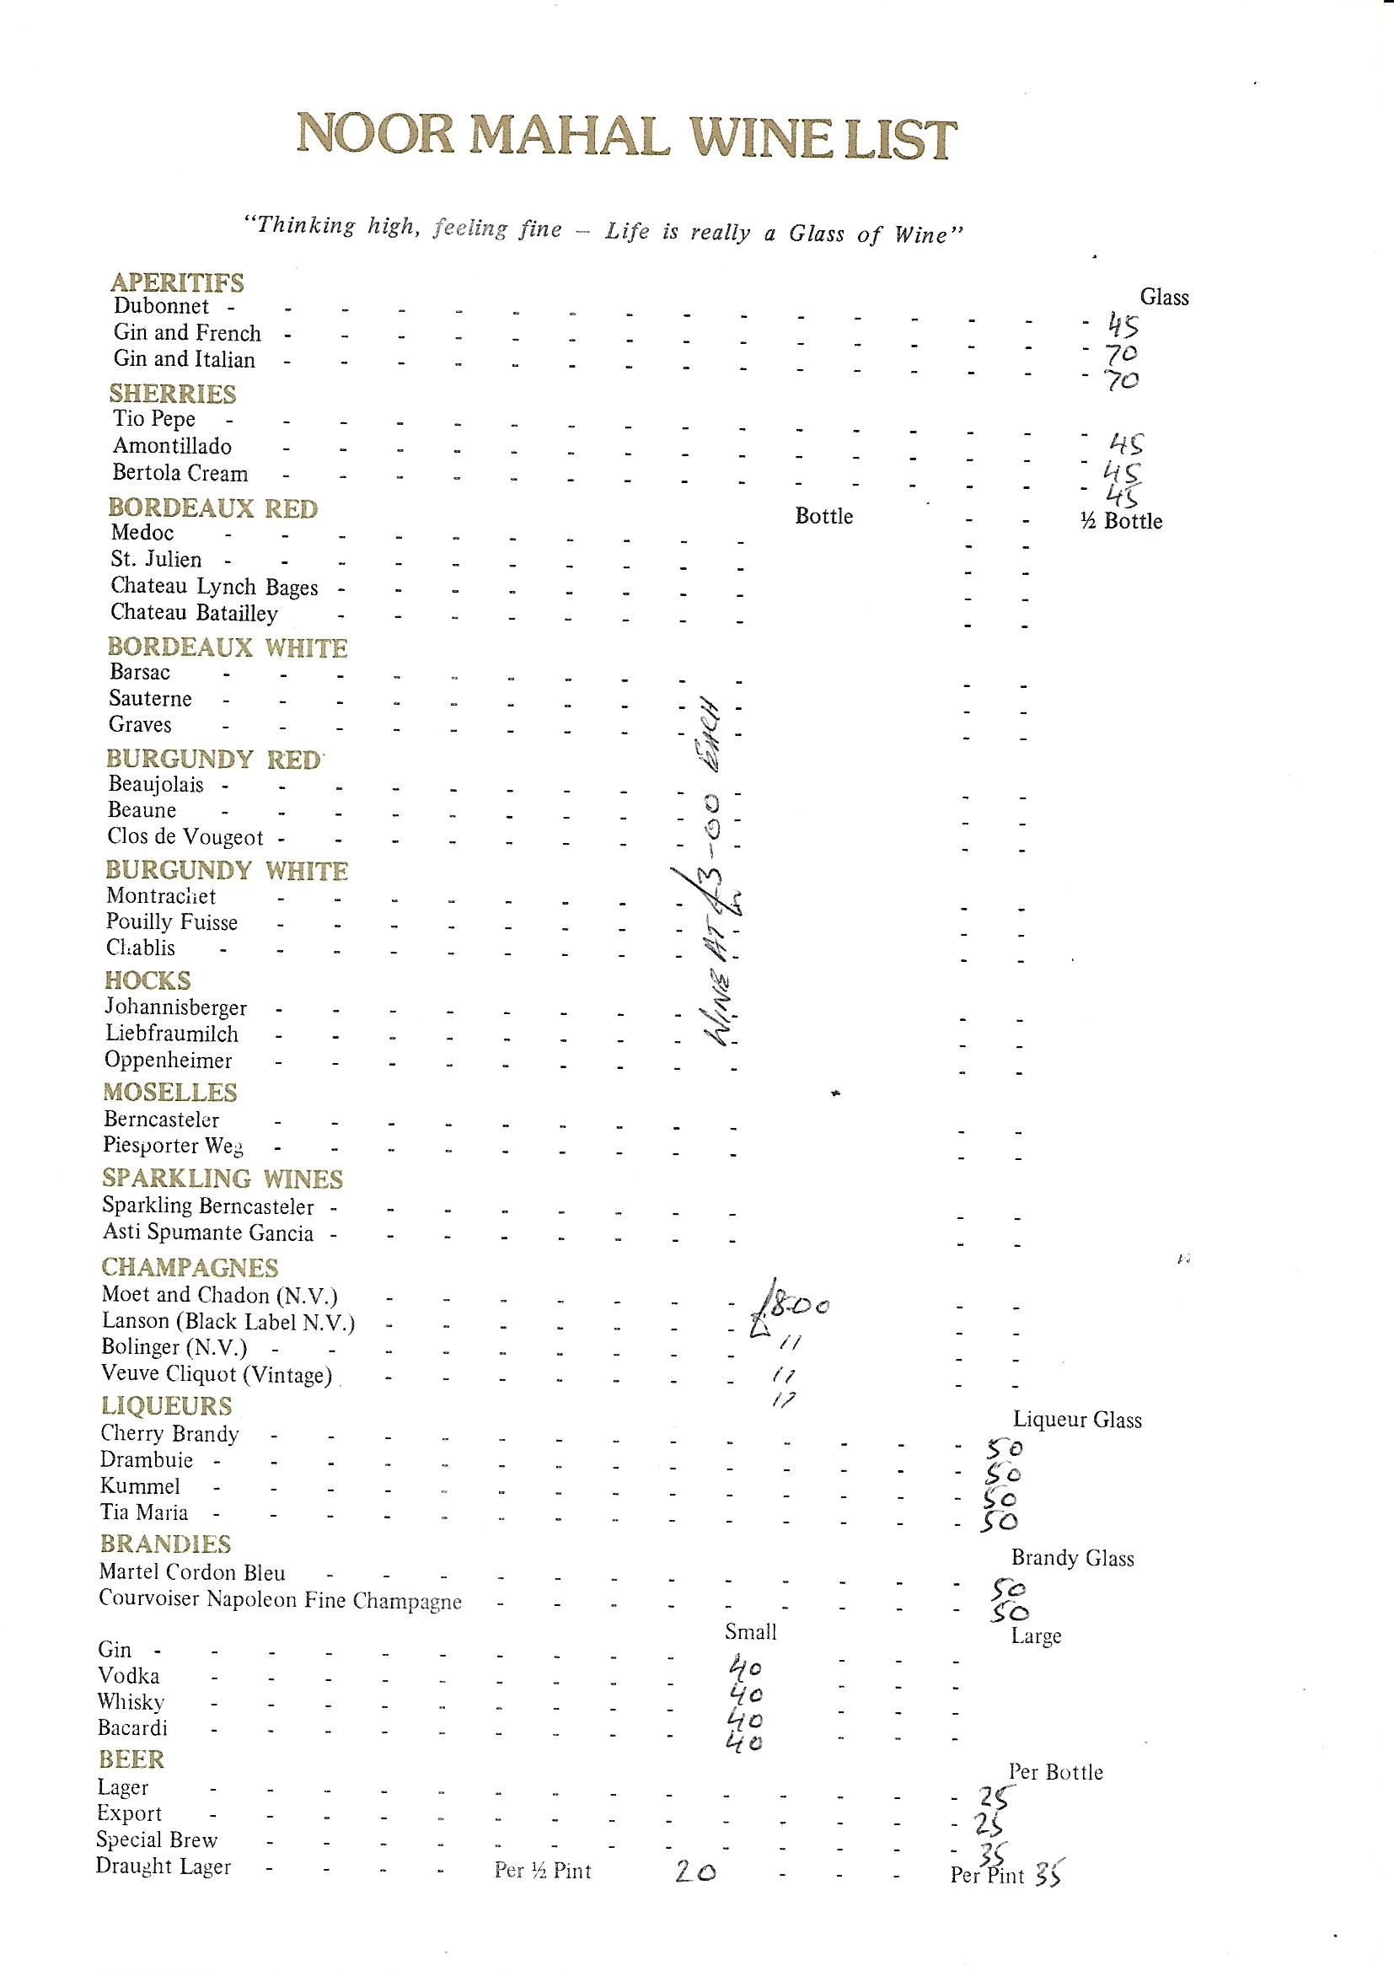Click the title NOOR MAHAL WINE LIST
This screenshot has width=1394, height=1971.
click(626, 138)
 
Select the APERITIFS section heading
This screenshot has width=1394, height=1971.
click(177, 282)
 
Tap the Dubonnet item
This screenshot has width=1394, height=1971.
click(161, 307)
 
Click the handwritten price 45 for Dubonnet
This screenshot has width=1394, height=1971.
click(1122, 325)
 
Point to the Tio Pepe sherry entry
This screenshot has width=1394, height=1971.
click(154, 420)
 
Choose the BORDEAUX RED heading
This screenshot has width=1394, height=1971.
click(213, 508)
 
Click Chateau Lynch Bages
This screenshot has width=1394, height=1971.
click(215, 588)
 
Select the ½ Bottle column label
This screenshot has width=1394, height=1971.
click(1121, 521)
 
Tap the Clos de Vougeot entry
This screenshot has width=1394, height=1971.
click(185, 837)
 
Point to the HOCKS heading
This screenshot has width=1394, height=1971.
click(147, 980)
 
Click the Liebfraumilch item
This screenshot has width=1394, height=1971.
click(173, 1034)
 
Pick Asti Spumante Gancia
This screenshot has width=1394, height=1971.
click(207, 1233)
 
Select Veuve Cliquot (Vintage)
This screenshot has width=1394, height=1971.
click(217, 1374)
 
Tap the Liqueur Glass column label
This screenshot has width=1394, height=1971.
click(1077, 1420)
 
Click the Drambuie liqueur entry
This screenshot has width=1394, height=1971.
click(147, 1460)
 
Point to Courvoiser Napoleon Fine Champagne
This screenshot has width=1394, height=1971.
click(280, 1601)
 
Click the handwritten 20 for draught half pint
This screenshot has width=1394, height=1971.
click(694, 1871)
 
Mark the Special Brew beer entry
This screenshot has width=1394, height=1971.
click(157, 1839)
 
